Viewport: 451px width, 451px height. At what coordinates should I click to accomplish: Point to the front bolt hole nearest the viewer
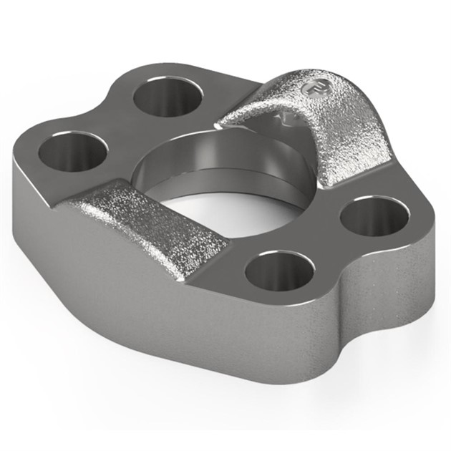pyautogui.click(x=279, y=270)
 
